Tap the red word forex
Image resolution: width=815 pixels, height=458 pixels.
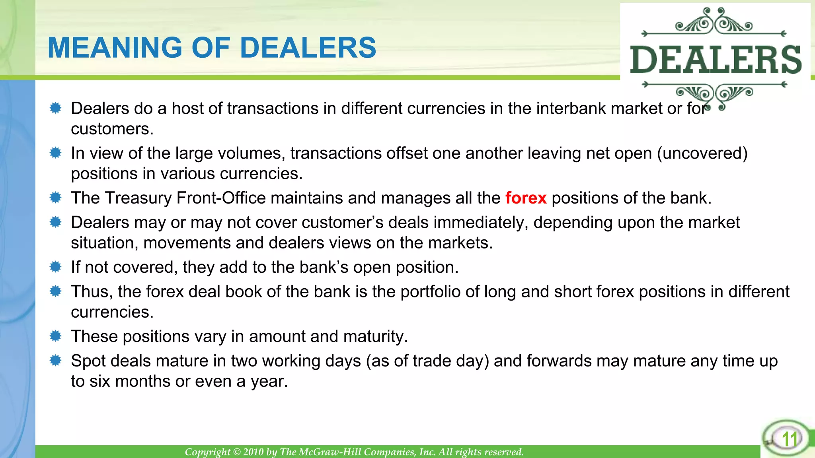click(526, 198)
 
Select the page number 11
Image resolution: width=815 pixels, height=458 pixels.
click(790, 439)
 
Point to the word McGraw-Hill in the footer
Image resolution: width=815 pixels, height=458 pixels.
click(330, 452)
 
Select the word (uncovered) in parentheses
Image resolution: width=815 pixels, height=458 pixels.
click(702, 153)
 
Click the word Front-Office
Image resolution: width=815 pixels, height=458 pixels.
click(221, 198)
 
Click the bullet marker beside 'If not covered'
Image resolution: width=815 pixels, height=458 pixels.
click(56, 267)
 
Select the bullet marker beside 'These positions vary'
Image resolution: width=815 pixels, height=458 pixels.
click(56, 336)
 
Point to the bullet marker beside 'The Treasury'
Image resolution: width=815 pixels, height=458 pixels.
click(56, 198)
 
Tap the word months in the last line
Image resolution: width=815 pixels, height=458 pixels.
click(143, 382)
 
